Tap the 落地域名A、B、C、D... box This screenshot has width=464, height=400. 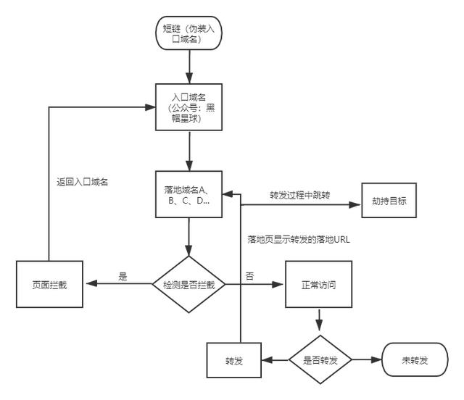(x=188, y=194)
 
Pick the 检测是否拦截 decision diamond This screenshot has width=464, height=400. (x=188, y=284)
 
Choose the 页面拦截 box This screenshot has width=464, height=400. (x=49, y=284)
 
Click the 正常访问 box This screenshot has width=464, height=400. (x=318, y=284)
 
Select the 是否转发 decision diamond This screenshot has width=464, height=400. (x=320, y=359)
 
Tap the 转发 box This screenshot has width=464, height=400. (x=233, y=360)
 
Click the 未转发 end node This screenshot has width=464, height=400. (x=415, y=359)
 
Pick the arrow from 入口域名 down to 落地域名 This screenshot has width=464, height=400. (x=188, y=151)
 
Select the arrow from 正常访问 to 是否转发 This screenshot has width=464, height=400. (x=319, y=319)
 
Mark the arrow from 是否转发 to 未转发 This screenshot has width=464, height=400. (x=366, y=359)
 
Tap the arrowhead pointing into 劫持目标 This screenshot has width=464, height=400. (x=358, y=204)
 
